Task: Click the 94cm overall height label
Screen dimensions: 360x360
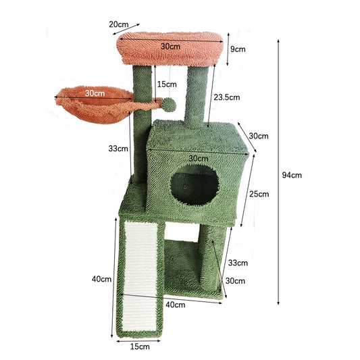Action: click(x=292, y=175)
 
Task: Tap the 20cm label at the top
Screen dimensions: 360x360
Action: click(x=118, y=24)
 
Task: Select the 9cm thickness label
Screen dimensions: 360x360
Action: click(x=238, y=49)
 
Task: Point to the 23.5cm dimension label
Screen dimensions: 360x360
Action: click(x=227, y=97)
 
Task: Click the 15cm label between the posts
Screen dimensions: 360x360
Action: click(x=167, y=84)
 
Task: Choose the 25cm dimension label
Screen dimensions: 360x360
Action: click(x=259, y=194)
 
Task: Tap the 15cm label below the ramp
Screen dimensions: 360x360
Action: click(x=140, y=346)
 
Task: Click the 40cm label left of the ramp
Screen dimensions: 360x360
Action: click(x=101, y=279)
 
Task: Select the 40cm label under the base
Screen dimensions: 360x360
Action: click(x=176, y=305)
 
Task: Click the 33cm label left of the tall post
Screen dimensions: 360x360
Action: click(x=118, y=149)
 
